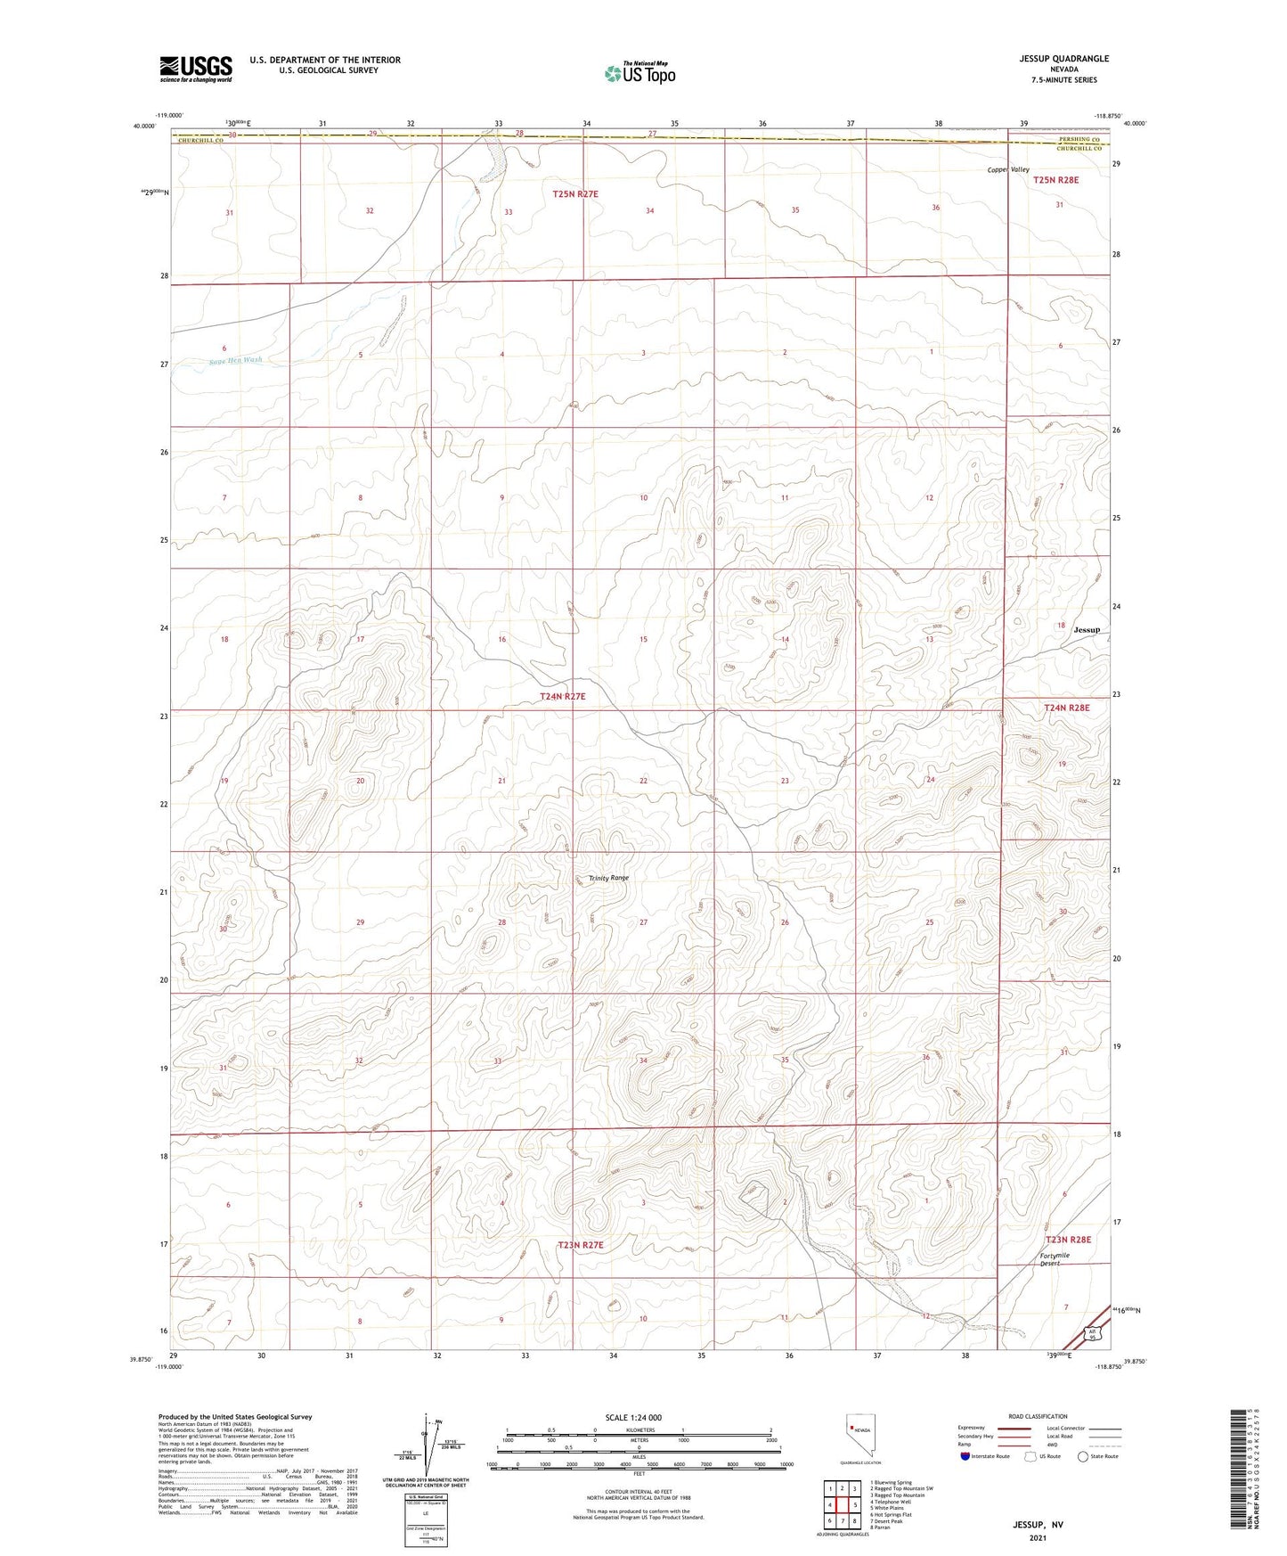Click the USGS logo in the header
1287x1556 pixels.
[196, 68]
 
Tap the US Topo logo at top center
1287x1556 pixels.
[639, 73]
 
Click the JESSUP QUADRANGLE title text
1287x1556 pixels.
[1064, 59]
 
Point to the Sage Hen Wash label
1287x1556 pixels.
[236, 360]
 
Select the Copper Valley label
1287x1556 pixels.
[1007, 169]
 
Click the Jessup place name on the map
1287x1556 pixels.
[1087, 629]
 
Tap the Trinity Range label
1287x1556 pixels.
[608, 878]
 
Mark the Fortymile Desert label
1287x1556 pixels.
[1055, 1259]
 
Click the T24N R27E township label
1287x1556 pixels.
[563, 696]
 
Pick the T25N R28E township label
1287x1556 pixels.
[1055, 180]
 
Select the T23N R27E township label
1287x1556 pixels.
[581, 1245]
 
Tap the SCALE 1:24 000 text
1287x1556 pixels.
[633, 1418]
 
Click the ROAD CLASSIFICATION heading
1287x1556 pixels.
[1038, 1416]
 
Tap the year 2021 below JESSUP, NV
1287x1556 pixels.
[1037, 1537]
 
